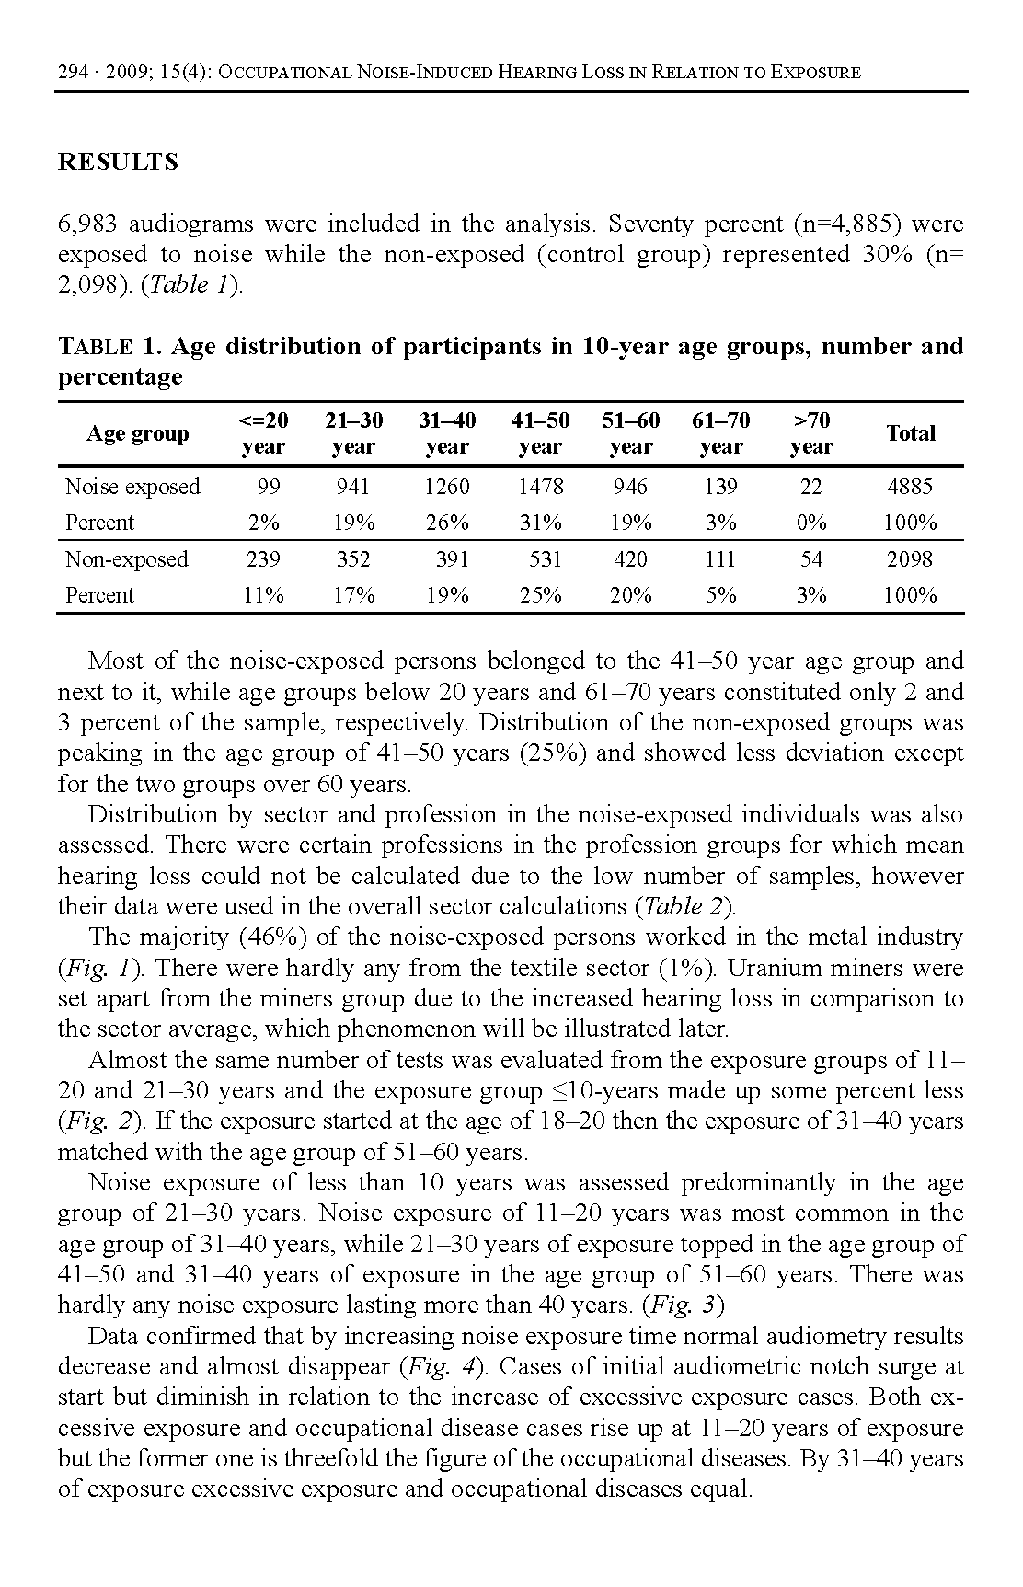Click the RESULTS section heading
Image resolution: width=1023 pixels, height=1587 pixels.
click(x=118, y=163)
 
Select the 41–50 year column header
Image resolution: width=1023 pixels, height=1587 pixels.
click(x=540, y=433)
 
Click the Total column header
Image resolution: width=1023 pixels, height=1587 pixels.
click(x=910, y=433)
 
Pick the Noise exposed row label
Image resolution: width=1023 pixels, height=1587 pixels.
click(x=132, y=487)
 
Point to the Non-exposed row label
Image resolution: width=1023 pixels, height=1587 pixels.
click(x=126, y=559)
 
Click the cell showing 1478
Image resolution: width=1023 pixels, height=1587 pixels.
click(x=540, y=487)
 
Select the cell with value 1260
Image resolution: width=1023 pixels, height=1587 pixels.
click(x=447, y=487)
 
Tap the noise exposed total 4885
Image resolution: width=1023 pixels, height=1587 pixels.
click(x=909, y=487)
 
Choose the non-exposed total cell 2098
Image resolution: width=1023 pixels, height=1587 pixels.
click(x=909, y=559)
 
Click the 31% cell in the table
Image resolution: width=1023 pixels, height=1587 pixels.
click(x=540, y=523)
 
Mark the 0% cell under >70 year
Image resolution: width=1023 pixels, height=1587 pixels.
click(x=811, y=523)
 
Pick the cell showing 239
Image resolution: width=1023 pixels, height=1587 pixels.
click(x=263, y=559)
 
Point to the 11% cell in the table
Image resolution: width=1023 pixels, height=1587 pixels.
click(x=263, y=595)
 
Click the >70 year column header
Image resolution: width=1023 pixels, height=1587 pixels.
click(x=811, y=433)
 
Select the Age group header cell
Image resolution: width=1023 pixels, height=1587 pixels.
click(x=138, y=433)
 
